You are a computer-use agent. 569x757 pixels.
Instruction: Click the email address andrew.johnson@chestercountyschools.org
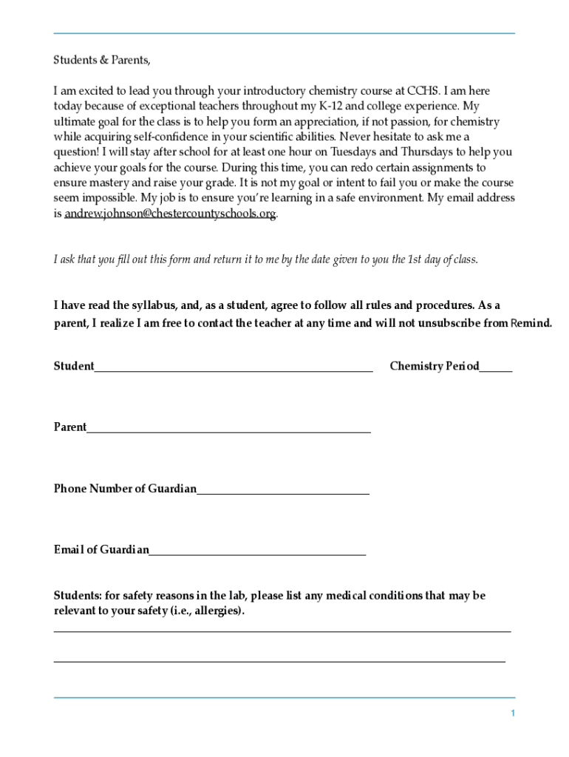click(170, 214)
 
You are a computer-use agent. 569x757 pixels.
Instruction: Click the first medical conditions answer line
click(282, 631)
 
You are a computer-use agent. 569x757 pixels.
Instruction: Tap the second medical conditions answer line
click(279, 662)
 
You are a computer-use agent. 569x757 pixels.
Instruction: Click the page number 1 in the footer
click(512, 713)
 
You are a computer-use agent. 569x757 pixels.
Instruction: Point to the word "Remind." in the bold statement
click(531, 323)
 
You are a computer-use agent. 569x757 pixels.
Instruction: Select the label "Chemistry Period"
click(434, 366)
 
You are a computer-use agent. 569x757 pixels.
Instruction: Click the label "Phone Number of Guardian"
click(125, 489)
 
